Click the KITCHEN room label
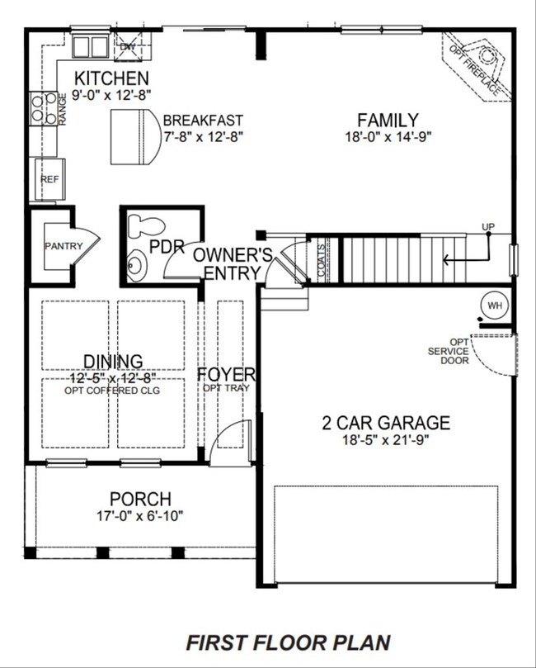[x=111, y=78]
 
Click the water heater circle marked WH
[x=494, y=306]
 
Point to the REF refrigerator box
[x=49, y=179]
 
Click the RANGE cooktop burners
[x=44, y=108]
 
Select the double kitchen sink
[x=90, y=46]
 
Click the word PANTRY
[x=63, y=246]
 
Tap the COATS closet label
[x=321, y=259]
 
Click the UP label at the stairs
[x=488, y=226]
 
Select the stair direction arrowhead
[x=446, y=259]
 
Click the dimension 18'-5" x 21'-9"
[x=385, y=440]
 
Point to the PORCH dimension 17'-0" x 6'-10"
[x=140, y=516]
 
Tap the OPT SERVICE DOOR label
[x=449, y=352]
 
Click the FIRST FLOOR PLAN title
[x=289, y=643]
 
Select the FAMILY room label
[x=388, y=120]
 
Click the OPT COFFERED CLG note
[x=112, y=391]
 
